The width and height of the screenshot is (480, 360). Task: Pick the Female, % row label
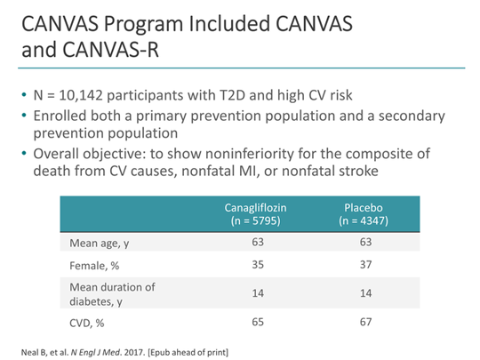tap(94, 264)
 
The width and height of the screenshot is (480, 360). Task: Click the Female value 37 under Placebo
tap(361, 264)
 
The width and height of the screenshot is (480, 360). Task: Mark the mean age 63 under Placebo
tap(361, 241)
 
